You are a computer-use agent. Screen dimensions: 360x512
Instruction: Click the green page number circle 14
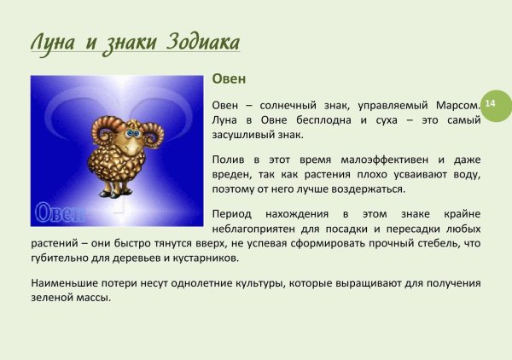(x=492, y=103)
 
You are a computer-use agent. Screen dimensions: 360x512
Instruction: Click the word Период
(x=232, y=214)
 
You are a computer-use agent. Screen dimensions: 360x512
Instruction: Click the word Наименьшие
(x=65, y=282)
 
